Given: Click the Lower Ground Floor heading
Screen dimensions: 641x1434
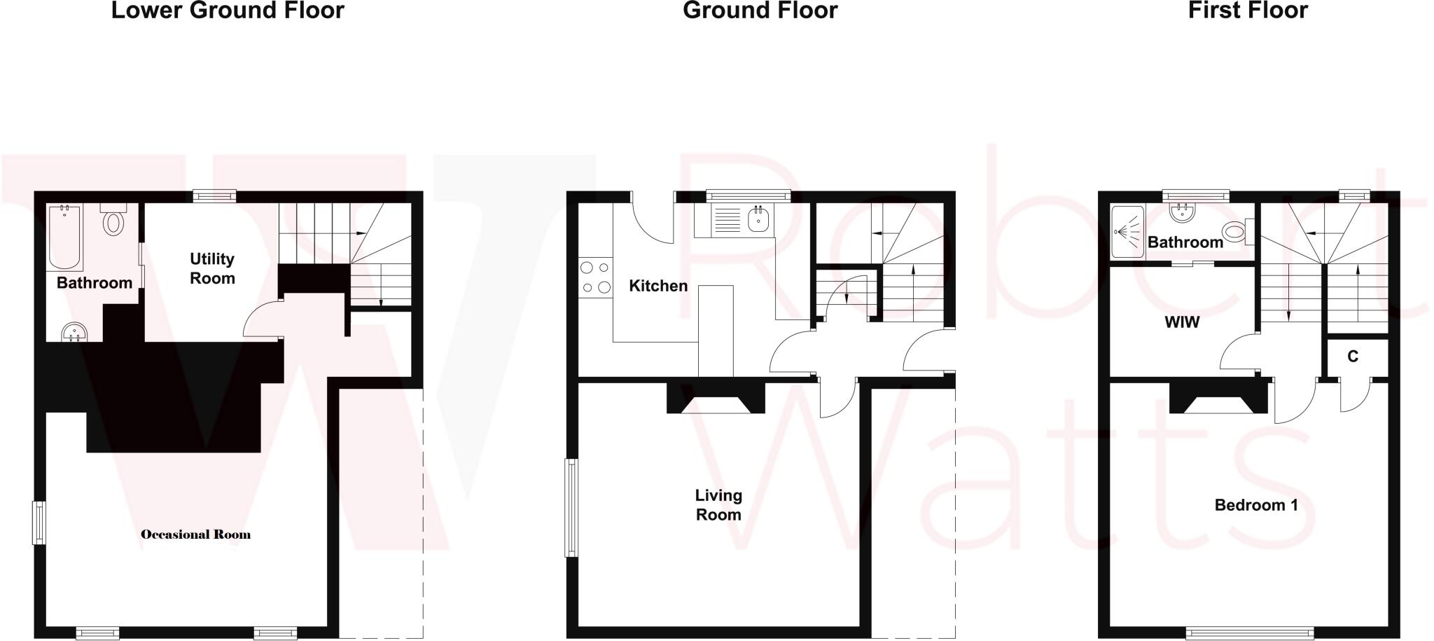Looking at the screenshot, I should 228,11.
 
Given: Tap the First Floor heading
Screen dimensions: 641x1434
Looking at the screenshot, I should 1248,11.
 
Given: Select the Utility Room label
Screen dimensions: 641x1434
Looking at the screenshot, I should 212,269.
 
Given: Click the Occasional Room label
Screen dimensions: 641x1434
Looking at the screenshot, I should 195,535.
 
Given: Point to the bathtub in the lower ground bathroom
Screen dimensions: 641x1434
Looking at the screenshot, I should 64,236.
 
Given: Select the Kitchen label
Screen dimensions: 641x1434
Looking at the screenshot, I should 658,286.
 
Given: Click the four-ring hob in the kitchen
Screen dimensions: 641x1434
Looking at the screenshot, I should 595,277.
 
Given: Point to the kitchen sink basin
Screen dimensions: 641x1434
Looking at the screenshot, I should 758,220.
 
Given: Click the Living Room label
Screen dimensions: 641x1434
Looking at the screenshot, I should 718,505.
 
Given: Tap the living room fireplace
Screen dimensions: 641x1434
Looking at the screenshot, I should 715,399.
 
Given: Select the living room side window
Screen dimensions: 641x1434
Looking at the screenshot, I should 571,508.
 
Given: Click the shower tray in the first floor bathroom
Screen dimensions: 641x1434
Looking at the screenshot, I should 1127,231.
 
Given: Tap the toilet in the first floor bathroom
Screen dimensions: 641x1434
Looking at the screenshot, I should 1236,230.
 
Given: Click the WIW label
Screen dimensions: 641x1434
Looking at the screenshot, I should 1182,322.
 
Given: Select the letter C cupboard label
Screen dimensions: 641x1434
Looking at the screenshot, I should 1353,357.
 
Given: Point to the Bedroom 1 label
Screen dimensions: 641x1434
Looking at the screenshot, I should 1256,505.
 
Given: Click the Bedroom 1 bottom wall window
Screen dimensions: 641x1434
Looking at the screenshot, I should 1249,633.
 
